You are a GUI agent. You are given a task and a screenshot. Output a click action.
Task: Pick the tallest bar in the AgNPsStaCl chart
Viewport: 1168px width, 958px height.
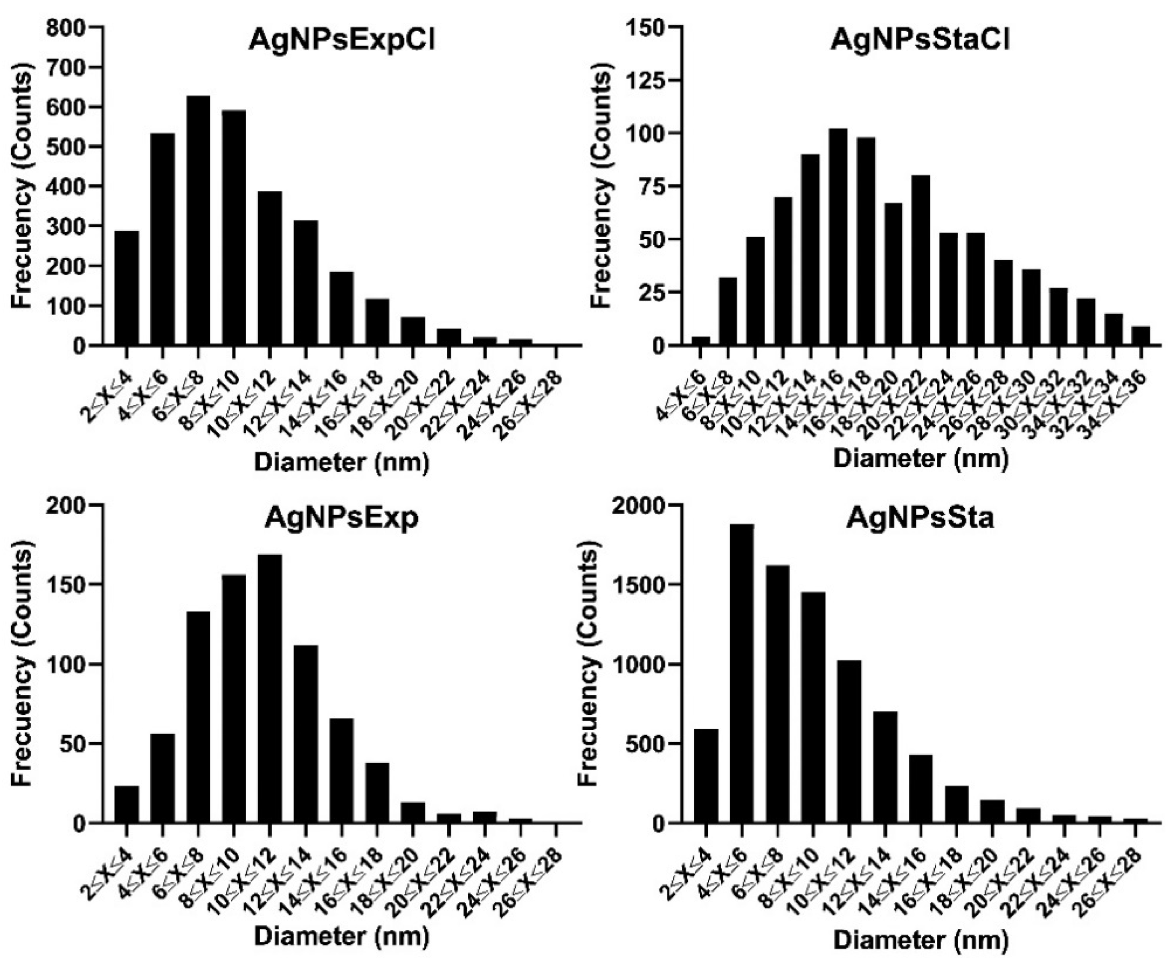pyautogui.click(x=838, y=237)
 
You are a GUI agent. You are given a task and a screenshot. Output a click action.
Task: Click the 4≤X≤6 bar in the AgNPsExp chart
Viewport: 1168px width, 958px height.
pyautogui.click(x=162, y=778)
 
